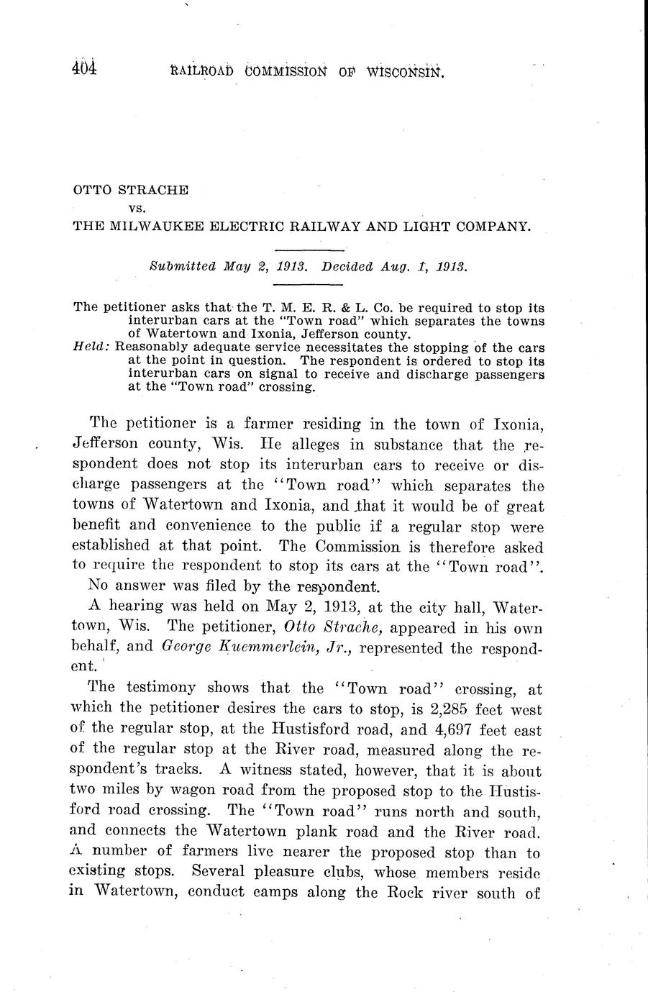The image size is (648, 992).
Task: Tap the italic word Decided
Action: click(x=349, y=265)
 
